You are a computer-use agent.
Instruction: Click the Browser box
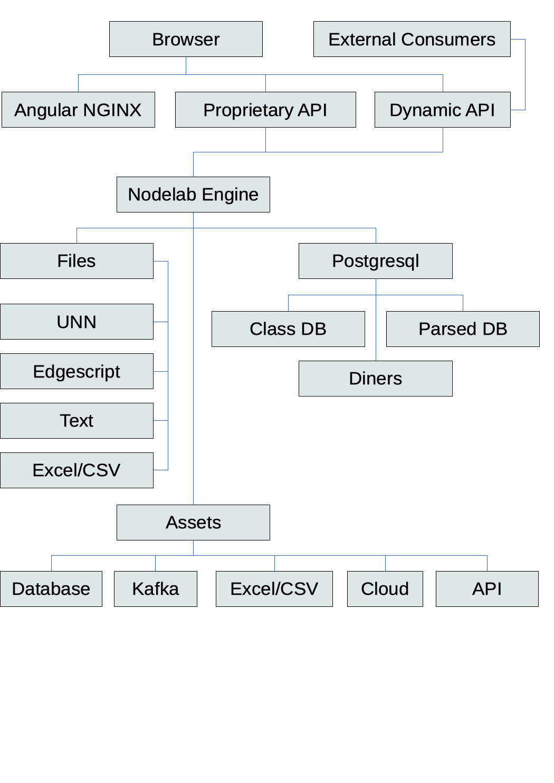186,39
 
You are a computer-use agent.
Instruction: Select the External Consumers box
412,39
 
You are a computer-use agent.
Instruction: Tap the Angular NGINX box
78,110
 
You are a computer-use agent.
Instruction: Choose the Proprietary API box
265,110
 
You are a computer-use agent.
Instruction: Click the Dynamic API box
442,110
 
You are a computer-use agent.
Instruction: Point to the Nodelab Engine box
193,195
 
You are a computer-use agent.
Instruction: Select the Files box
77,261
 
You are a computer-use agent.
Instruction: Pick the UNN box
77,322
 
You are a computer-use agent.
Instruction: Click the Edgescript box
77,371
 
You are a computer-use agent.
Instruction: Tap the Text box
77,421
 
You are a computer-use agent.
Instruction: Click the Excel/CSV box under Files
77,470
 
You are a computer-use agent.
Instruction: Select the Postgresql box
375,261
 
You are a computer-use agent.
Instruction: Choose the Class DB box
288,329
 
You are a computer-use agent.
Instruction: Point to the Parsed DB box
463,329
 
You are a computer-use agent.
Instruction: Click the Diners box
375,379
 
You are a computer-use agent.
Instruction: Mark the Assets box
193,523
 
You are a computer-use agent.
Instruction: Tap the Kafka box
156,589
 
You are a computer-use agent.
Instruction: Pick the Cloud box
385,589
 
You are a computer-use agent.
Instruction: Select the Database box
51,589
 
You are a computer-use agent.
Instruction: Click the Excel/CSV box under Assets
274,589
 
